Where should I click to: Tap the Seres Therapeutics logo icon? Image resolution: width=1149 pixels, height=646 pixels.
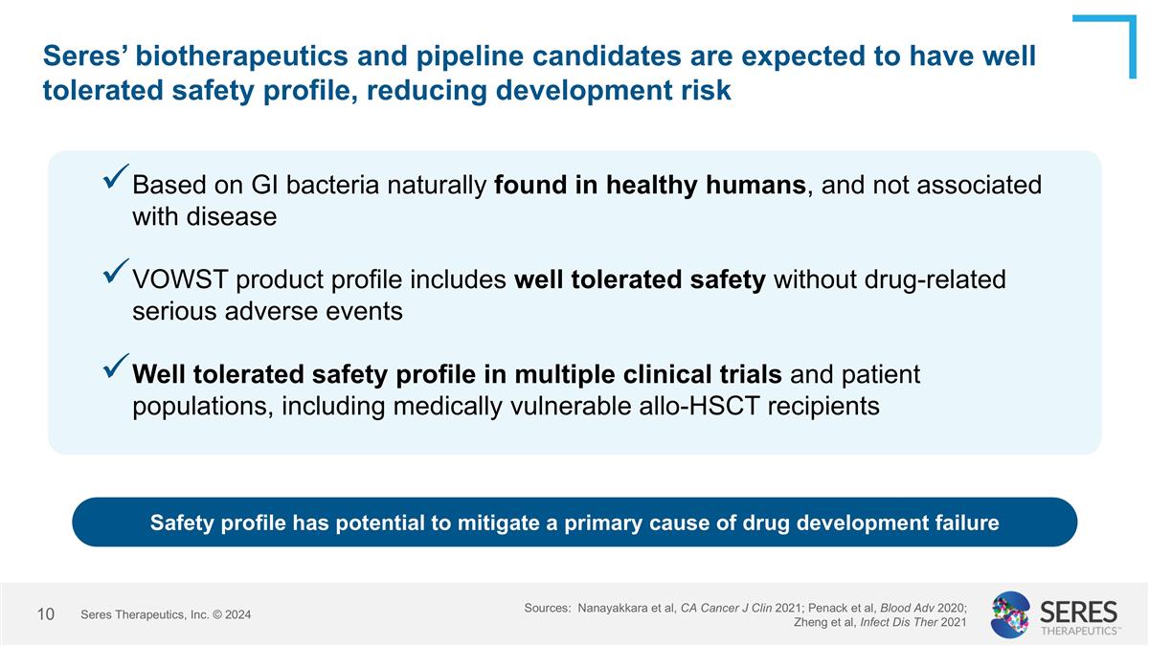tap(1010, 614)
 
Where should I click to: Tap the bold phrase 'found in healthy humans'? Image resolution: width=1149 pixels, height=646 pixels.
tap(650, 185)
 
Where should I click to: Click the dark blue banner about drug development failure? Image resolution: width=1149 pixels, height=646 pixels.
tap(574, 523)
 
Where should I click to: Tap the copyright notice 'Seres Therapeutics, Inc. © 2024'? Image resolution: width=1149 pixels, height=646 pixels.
tap(166, 614)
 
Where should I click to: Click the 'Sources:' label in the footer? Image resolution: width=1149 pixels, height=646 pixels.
tap(548, 608)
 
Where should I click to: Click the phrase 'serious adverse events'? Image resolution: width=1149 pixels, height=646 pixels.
tap(267, 312)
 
